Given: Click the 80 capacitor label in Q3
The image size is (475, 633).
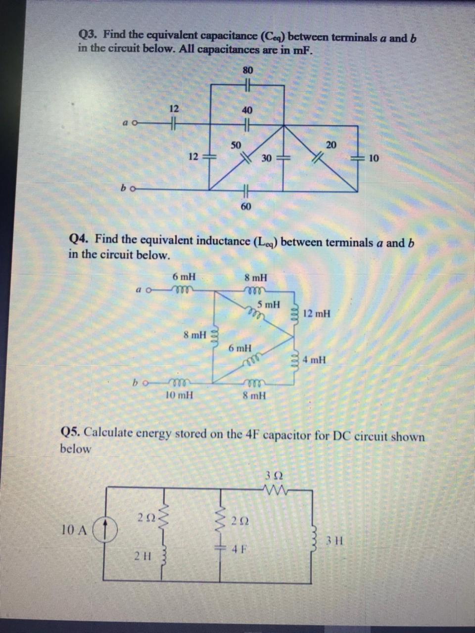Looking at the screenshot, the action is coord(247,70).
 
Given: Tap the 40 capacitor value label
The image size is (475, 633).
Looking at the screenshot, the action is coord(247,110).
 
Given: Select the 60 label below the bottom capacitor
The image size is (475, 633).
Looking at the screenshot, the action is coord(246,206).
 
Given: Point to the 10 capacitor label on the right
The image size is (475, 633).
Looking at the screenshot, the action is coord(374,158).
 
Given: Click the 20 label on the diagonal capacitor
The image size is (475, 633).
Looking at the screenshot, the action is coord(331,144).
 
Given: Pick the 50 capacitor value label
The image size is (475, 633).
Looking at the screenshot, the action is coord(236,145).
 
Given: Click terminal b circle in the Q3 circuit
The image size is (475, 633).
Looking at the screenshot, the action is coord(132,188).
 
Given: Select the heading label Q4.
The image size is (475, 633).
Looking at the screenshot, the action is coord(79,239).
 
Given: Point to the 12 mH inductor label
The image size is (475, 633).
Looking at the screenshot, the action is coord(317,313).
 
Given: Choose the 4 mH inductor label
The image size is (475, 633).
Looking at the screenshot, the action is coord(315,360).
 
